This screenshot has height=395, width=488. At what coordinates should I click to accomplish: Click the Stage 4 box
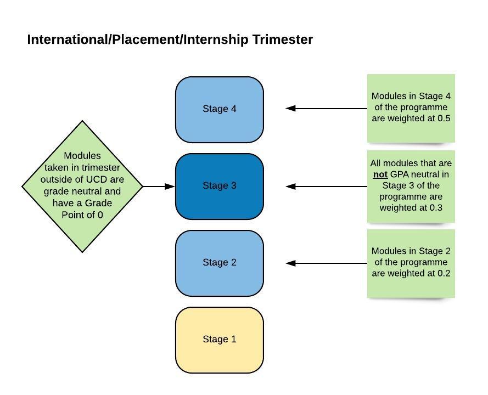(x=220, y=109)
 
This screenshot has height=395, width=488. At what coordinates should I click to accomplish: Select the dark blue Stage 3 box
(x=220, y=186)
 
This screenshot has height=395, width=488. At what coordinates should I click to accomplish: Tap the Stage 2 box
(x=220, y=263)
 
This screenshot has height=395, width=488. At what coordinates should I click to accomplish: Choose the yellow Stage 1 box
(x=220, y=340)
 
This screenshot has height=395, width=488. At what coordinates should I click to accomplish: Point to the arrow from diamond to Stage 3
(x=159, y=187)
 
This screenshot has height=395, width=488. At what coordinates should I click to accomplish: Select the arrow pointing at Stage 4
(x=327, y=109)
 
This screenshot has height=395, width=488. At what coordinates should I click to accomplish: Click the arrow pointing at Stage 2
(x=327, y=263)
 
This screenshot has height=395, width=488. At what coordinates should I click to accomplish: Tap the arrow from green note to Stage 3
(x=327, y=187)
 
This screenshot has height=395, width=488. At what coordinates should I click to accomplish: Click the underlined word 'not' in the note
(x=380, y=174)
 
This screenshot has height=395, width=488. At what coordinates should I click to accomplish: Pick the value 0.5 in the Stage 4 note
(x=444, y=119)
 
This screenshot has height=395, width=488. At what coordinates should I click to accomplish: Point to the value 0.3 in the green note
(x=435, y=208)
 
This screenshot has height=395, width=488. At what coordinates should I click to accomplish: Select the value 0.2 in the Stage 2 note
(x=444, y=273)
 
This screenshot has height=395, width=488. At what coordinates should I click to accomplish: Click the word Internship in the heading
(x=216, y=40)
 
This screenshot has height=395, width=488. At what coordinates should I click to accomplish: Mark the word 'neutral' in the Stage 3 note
(x=433, y=174)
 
